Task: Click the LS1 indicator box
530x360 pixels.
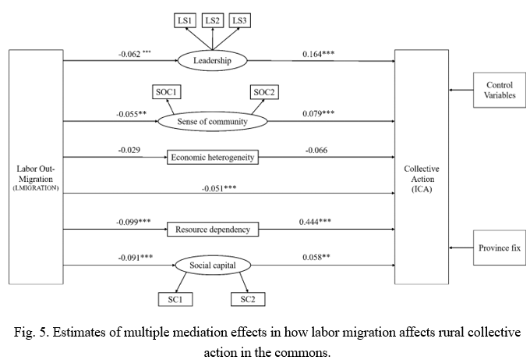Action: [185, 20]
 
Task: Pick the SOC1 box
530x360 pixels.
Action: [164, 93]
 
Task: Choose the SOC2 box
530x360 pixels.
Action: [263, 93]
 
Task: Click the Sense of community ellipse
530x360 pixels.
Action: [212, 121]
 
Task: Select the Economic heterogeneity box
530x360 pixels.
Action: [212, 158]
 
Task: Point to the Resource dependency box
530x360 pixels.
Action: [212, 229]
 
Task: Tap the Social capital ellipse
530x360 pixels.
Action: [212, 266]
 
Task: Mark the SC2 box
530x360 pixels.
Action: [246, 298]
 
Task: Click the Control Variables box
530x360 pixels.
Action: [499, 90]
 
